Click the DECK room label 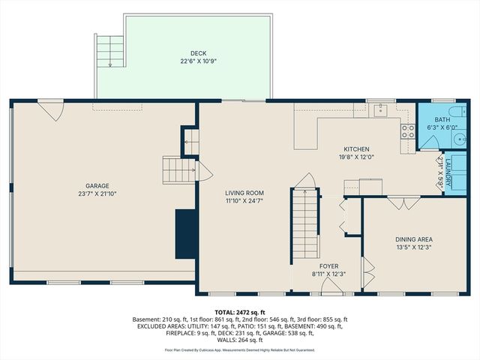click(x=198, y=52)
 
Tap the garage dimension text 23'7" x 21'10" click(x=97, y=193)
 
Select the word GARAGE click(x=97, y=185)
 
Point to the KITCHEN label click(x=358, y=149)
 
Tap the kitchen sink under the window click(x=380, y=110)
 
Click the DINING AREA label click(x=413, y=240)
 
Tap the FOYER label click(x=328, y=265)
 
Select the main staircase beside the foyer click(x=305, y=225)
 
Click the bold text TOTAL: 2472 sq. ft click(x=240, y=312)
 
